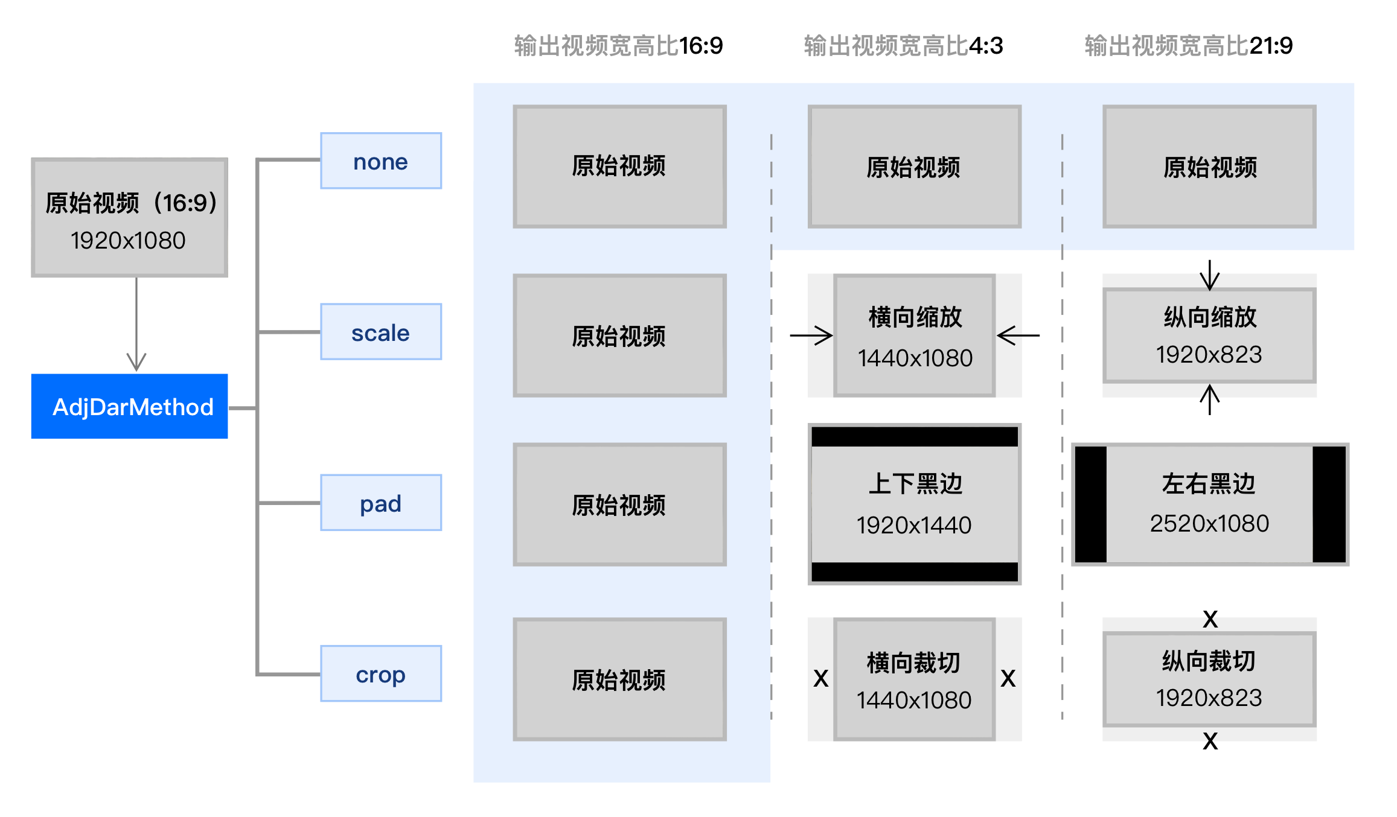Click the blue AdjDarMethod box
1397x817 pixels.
click(x=129, y=406)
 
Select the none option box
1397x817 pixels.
click(x=380, y=161)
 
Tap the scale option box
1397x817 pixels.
click(x=380, y=332)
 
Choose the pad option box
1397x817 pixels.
click(x=380, y=503)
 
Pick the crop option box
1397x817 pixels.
click(x=380, y=673)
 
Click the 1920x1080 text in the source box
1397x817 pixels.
click(x=128, y=241)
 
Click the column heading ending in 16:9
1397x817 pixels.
click(x=618, y=46)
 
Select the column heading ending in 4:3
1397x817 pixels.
click(x=903, y=46)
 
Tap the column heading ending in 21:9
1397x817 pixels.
click(x=1188, y=46)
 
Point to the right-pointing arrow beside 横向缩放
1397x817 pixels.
click(x=811, y=335)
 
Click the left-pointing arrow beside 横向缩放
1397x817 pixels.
click(x=1018, y=335)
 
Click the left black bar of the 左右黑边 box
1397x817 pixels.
click(x=1091, y=504)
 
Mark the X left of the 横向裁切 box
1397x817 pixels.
click(x=820, y=679)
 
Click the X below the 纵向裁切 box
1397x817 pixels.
click(x=1210, y=741)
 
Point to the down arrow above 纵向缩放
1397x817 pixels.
click(x=1210, y=275)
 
